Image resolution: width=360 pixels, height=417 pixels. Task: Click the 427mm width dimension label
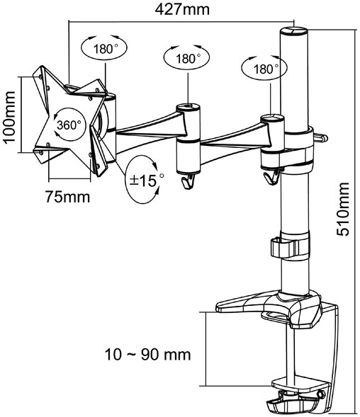click(x=182, y=10)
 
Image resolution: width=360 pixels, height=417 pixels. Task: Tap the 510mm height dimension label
click(x=343, y=209)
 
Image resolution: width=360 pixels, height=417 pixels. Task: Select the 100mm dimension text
click(x=9, y=117)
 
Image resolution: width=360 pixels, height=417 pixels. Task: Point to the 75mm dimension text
click(x=67, y=197)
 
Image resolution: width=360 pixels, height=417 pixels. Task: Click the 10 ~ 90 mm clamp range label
click(x=148, y=355)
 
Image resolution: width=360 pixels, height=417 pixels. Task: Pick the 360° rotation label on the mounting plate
click(x=69, y=125)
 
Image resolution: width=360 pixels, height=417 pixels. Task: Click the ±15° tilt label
click(x=146, y=181)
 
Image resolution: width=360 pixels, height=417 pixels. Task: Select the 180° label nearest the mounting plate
click(x=105, y=49)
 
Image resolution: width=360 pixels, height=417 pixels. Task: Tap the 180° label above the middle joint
click(x=188, y=59)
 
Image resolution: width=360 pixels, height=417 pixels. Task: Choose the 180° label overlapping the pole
click(x=266, y=69)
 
